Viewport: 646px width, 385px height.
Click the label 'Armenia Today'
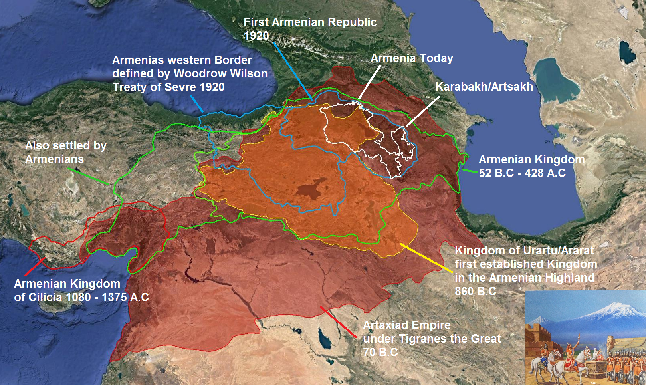(411, 58)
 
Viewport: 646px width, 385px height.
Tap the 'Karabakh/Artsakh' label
(484, 87)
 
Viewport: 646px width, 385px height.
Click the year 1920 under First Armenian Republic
(256, 36)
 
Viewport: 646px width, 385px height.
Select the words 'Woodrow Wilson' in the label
(220, 73)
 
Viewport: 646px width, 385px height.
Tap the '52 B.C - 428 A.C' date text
(522, 173)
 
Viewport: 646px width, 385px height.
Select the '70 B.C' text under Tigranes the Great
(380, 352)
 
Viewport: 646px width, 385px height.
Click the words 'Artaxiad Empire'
(406, 325)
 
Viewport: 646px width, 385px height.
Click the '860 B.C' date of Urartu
(475, 291)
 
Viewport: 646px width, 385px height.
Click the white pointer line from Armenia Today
(369, 82)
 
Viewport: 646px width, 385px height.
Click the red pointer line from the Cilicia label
(35, 266)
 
